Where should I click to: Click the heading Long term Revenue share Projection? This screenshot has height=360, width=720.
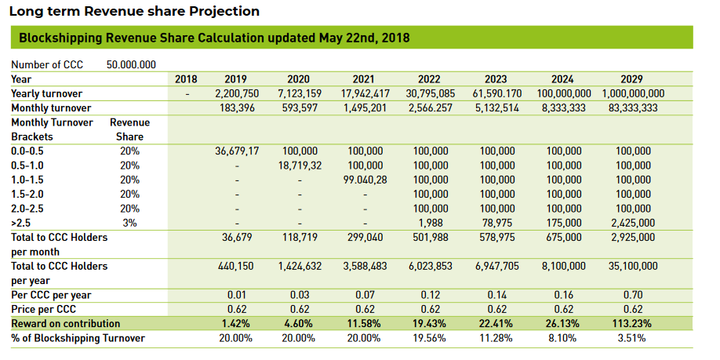134,12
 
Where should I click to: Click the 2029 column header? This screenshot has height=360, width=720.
631,79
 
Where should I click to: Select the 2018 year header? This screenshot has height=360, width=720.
186,79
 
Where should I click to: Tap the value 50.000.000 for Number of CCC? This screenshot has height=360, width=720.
131,64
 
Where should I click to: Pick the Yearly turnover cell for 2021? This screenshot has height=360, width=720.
363,93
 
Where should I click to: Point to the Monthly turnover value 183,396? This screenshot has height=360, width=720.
235,107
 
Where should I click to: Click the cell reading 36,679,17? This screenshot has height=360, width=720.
235,151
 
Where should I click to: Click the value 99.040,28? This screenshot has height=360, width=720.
363,180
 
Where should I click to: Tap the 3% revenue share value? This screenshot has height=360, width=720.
130,223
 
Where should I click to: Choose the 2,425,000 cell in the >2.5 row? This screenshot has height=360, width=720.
631,223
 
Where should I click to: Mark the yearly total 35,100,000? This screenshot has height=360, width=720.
631,267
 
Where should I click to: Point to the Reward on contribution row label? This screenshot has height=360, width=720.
66,324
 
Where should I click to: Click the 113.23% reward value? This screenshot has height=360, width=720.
631,324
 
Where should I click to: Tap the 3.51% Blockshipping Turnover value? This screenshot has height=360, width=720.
631,338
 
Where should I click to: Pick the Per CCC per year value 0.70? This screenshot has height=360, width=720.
631,295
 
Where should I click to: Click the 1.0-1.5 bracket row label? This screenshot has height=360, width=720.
27,180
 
